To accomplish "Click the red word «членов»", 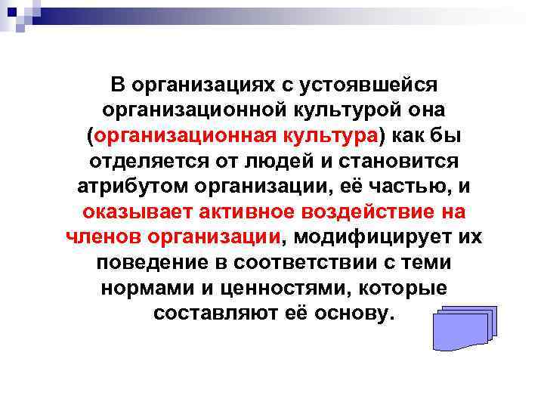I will pos(103,239).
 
